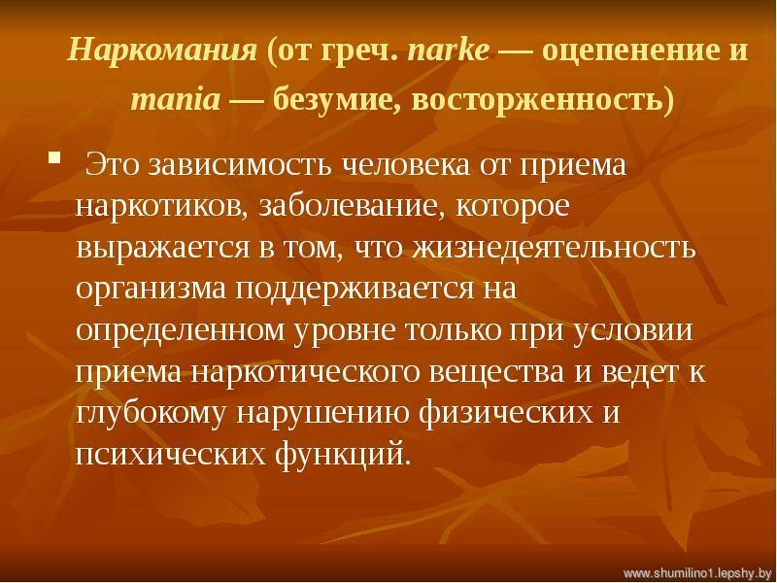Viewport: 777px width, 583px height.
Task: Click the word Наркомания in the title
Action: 162,50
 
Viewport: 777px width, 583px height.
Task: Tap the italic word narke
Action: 449,51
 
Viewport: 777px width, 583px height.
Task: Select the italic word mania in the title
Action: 176,99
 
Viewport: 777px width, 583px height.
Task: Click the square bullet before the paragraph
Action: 54,158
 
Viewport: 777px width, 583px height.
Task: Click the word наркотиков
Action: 162,206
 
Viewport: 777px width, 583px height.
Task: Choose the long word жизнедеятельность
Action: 554,248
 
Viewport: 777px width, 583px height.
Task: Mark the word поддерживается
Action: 354,290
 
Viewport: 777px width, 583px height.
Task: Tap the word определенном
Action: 181,330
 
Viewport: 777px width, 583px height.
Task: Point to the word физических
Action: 505,414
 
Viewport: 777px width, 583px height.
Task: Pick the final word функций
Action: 343,455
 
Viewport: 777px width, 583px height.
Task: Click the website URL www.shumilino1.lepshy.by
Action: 697,573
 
